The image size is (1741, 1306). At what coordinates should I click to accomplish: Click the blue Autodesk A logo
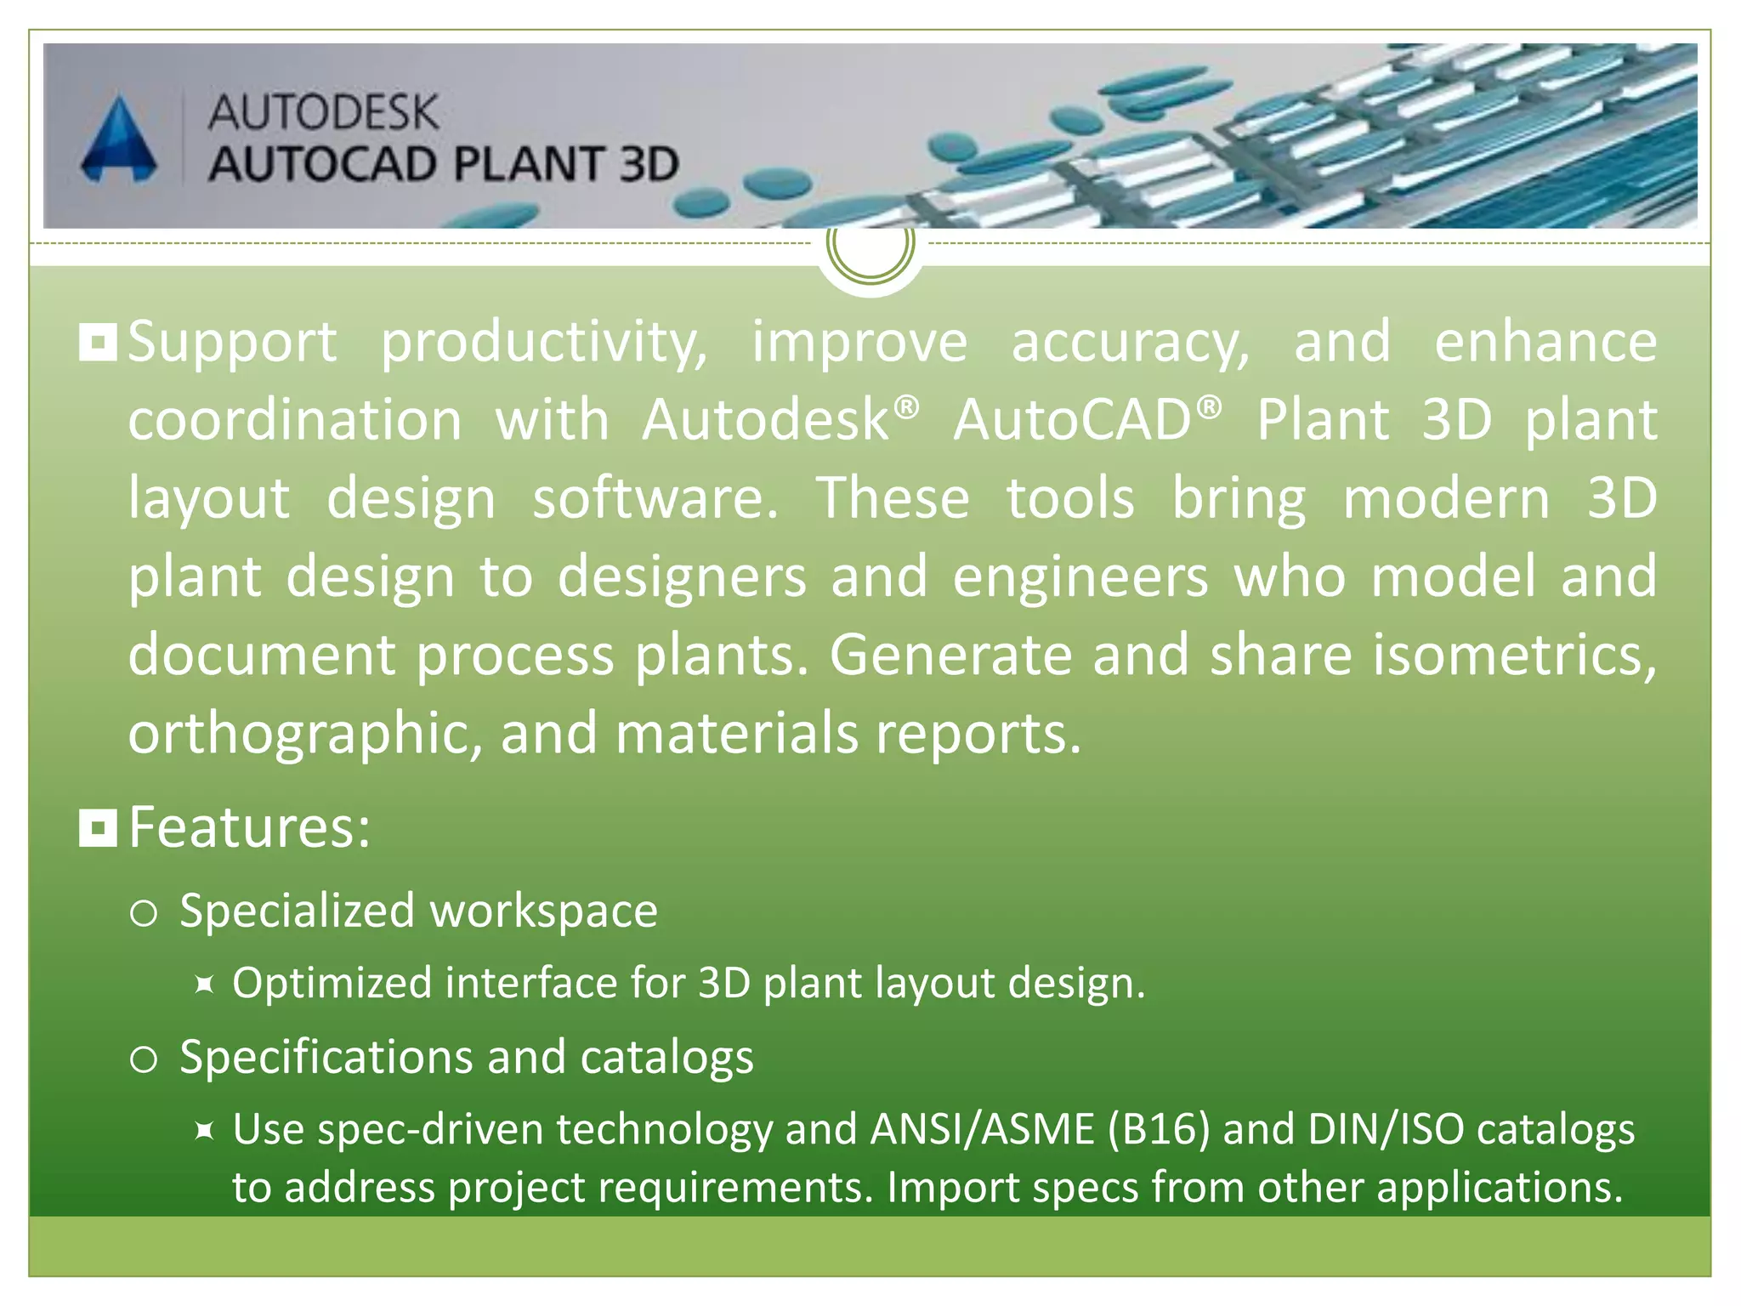[119, 140]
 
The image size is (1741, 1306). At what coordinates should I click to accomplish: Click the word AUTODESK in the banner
[323, 112]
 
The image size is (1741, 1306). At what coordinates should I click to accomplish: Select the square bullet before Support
[98, 343]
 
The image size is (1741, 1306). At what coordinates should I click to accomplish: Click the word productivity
[544, 343]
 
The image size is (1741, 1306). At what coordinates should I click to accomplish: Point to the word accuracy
[1131, 343]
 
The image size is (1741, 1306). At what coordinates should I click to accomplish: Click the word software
[655, 498]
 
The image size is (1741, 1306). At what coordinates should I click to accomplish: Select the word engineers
[1080, 576]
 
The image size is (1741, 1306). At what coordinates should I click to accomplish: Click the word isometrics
[1513, 655]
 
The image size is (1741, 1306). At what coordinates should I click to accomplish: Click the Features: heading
[250, 826]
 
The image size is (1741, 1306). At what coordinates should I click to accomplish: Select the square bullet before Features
[98, 827]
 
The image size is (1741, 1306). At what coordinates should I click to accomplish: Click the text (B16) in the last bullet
[1158, 1129]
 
